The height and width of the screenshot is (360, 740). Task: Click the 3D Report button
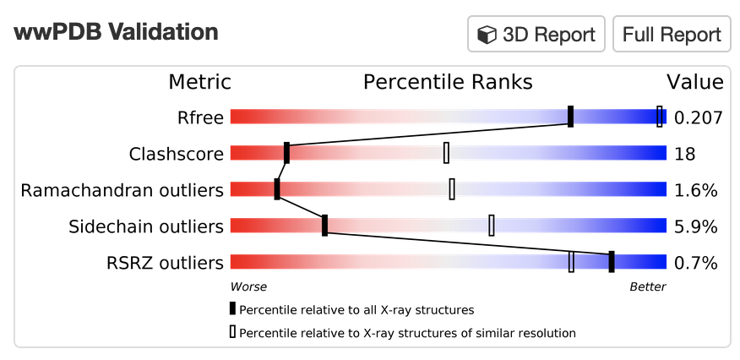536,34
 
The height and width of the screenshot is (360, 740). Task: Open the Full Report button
672,34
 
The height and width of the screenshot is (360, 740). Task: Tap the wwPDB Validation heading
116,32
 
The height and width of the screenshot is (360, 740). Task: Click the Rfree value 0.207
698,117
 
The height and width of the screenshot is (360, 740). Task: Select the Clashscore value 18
684,154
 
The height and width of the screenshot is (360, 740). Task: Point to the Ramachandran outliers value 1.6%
695,190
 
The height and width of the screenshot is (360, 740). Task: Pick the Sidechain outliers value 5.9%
695,226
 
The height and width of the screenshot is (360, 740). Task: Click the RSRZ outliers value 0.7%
695,263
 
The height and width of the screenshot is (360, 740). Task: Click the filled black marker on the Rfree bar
570,117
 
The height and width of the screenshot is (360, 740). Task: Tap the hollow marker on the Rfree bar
659,117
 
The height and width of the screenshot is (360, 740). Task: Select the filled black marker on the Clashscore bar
286,153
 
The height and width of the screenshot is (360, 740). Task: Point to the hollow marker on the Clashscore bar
446,153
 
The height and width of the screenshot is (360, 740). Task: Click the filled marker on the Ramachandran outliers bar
277,189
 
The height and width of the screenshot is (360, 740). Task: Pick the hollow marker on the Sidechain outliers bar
492,226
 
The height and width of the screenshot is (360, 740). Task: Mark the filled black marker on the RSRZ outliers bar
611,262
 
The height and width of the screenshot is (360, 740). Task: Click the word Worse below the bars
248,286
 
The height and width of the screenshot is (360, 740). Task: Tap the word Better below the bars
648,286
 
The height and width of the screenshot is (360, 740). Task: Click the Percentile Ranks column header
448,83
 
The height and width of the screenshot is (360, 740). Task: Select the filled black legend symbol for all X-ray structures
232,309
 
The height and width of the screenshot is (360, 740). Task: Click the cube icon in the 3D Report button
487,35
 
